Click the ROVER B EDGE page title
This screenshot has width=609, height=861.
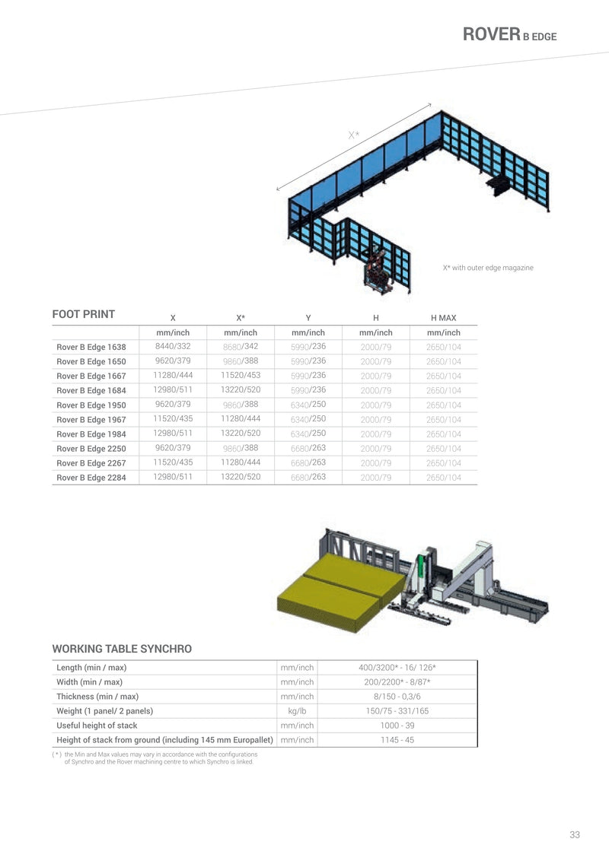(510, 34)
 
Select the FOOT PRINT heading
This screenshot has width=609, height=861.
(83, 314)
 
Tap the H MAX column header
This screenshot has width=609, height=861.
(443, 317)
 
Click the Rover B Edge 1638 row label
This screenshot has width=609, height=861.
(91, 347)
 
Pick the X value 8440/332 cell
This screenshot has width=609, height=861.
(173, 346)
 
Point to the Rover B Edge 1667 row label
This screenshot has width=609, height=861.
(91, 376)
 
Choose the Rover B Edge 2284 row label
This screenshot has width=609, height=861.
(91, 478)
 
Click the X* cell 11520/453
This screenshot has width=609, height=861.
(241, 375)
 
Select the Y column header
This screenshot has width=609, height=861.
(308, 317)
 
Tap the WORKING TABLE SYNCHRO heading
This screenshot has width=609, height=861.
(122, 649)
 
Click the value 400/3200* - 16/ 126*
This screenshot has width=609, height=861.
(397, 668)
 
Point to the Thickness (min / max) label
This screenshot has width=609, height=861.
(97, 697)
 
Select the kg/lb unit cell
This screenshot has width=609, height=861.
(297, 711)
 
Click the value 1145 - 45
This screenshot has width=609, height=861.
(397, 740)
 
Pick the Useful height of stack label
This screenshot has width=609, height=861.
(97, 726)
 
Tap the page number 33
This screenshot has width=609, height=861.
(575, 834)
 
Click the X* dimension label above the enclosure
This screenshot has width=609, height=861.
(354, 135)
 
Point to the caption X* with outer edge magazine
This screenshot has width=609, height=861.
(488, 267)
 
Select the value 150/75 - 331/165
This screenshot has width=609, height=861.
(397, 711)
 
